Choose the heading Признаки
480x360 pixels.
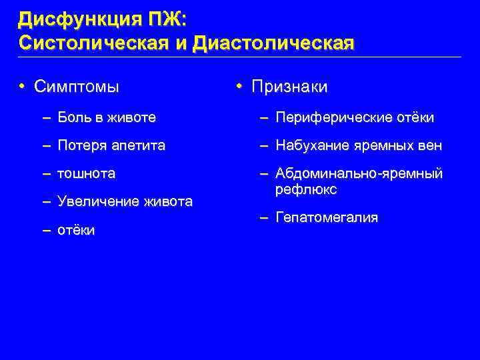click(290, 87)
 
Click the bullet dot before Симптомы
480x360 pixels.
click(22, 87)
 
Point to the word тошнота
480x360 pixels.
click(87, 173)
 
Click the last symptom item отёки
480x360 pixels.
click(77, 230)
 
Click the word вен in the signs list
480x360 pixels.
click(431, 145)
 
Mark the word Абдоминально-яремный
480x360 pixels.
click(359, 173)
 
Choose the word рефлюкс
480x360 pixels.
click(306, 189)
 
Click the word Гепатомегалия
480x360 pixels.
click(327, 217)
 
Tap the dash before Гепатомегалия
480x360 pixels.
click(265, 217)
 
